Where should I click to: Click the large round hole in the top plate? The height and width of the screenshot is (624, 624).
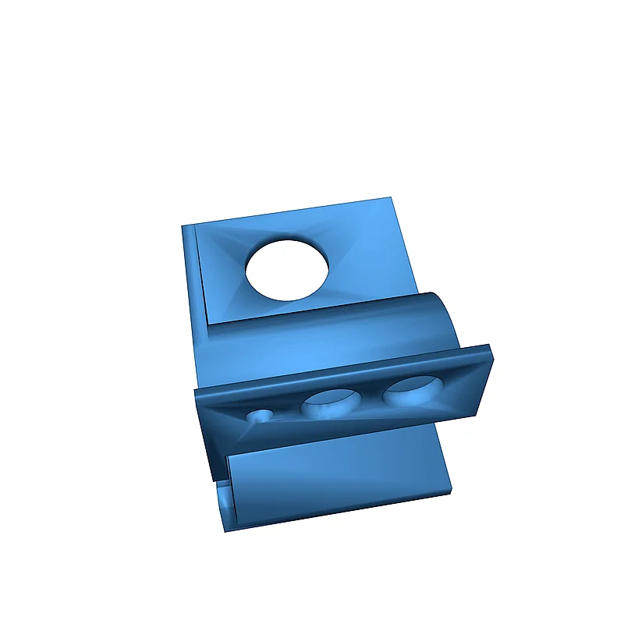click(287, 270)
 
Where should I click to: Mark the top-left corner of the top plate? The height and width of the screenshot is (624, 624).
click(183, 228)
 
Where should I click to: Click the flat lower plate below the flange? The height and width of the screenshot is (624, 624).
click(335, 476)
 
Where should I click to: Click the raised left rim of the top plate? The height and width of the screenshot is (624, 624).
click(195, 281)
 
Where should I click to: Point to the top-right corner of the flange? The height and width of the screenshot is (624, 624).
click(489, 346)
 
